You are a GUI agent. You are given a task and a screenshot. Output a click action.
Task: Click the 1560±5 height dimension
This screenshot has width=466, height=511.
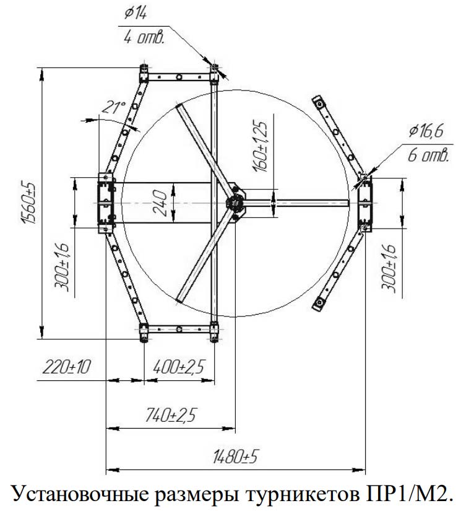click(x=28, y=203)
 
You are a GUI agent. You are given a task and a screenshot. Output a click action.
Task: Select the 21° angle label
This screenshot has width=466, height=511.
click(x=114, y=107)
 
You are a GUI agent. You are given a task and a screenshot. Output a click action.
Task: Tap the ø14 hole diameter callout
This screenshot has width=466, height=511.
click(x=136, y=14)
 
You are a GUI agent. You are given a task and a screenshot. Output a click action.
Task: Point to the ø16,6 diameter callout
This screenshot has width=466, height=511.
click(x=426, y=131)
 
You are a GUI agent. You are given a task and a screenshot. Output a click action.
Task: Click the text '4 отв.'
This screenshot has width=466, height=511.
click(x=144, y=38)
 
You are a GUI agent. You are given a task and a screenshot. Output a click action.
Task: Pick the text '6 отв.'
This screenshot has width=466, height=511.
click(x=428, y=155)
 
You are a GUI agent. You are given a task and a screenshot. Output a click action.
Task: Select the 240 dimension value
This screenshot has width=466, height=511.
click(x=160, y=203)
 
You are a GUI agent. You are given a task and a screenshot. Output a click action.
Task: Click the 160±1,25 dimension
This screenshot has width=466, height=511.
click(x=260, y=146)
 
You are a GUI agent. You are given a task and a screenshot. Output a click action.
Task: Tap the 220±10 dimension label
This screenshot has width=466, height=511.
click(x=66, y=367)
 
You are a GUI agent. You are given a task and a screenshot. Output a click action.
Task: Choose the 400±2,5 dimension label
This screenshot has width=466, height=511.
click(x=178, y=367)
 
